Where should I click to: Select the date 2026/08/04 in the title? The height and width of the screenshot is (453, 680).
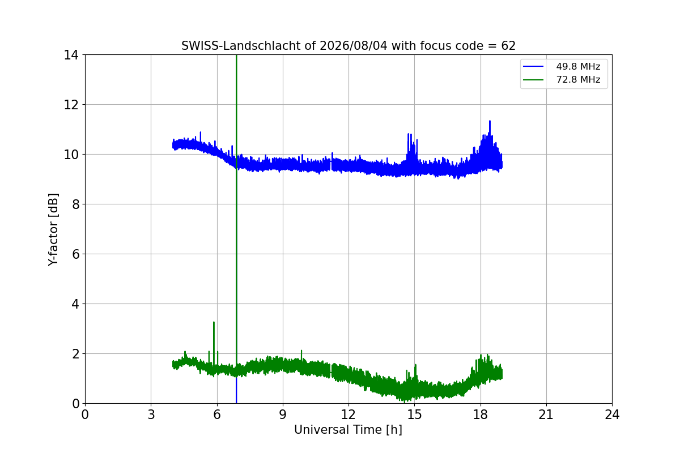pos(354,46)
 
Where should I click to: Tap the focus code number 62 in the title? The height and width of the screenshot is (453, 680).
pos(508,46)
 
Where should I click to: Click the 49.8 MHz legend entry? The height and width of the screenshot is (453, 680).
pos(562,66)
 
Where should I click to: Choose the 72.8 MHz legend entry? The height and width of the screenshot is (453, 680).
pos(562,79)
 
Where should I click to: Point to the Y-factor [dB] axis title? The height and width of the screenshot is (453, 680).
pos(53,230)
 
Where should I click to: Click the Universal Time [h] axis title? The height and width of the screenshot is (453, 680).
pos(348,430)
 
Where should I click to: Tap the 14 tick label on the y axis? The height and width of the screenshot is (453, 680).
pos(71,55)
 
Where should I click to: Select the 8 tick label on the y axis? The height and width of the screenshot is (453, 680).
pos(75,204)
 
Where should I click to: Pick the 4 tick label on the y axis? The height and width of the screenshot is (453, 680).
pos(75,304)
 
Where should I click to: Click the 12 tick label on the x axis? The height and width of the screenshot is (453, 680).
pos(348,414)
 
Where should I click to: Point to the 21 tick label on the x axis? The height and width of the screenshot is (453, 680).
pos(546,414)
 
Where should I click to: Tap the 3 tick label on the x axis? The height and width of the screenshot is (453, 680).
pos(151,414)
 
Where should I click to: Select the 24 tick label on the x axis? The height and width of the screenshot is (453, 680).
pos(612,414)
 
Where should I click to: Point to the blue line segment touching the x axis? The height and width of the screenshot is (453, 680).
pos(236,391)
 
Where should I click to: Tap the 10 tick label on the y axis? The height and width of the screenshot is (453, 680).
pos(71,155)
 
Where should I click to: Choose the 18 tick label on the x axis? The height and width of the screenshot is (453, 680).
pos(481,414)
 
